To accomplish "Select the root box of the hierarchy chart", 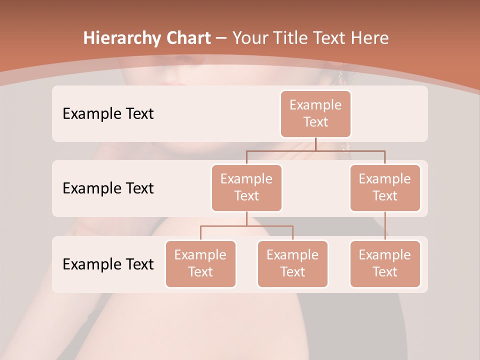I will tap(315, 114).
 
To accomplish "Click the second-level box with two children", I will tap(246, 188).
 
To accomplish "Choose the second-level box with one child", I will tap(385, 188).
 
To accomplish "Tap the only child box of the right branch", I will tap(385, 264).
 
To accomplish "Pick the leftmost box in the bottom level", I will tap(200, 264).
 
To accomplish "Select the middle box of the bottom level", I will tap(292, 264).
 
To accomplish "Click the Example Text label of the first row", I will tap(108, 114).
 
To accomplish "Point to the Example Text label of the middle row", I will tap(108, 188).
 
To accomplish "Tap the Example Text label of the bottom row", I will tap(108, 264).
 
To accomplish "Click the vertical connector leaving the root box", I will tap(315, 144).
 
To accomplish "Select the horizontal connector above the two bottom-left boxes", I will tap(246, 226).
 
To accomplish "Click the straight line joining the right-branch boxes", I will tap(385, 226).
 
